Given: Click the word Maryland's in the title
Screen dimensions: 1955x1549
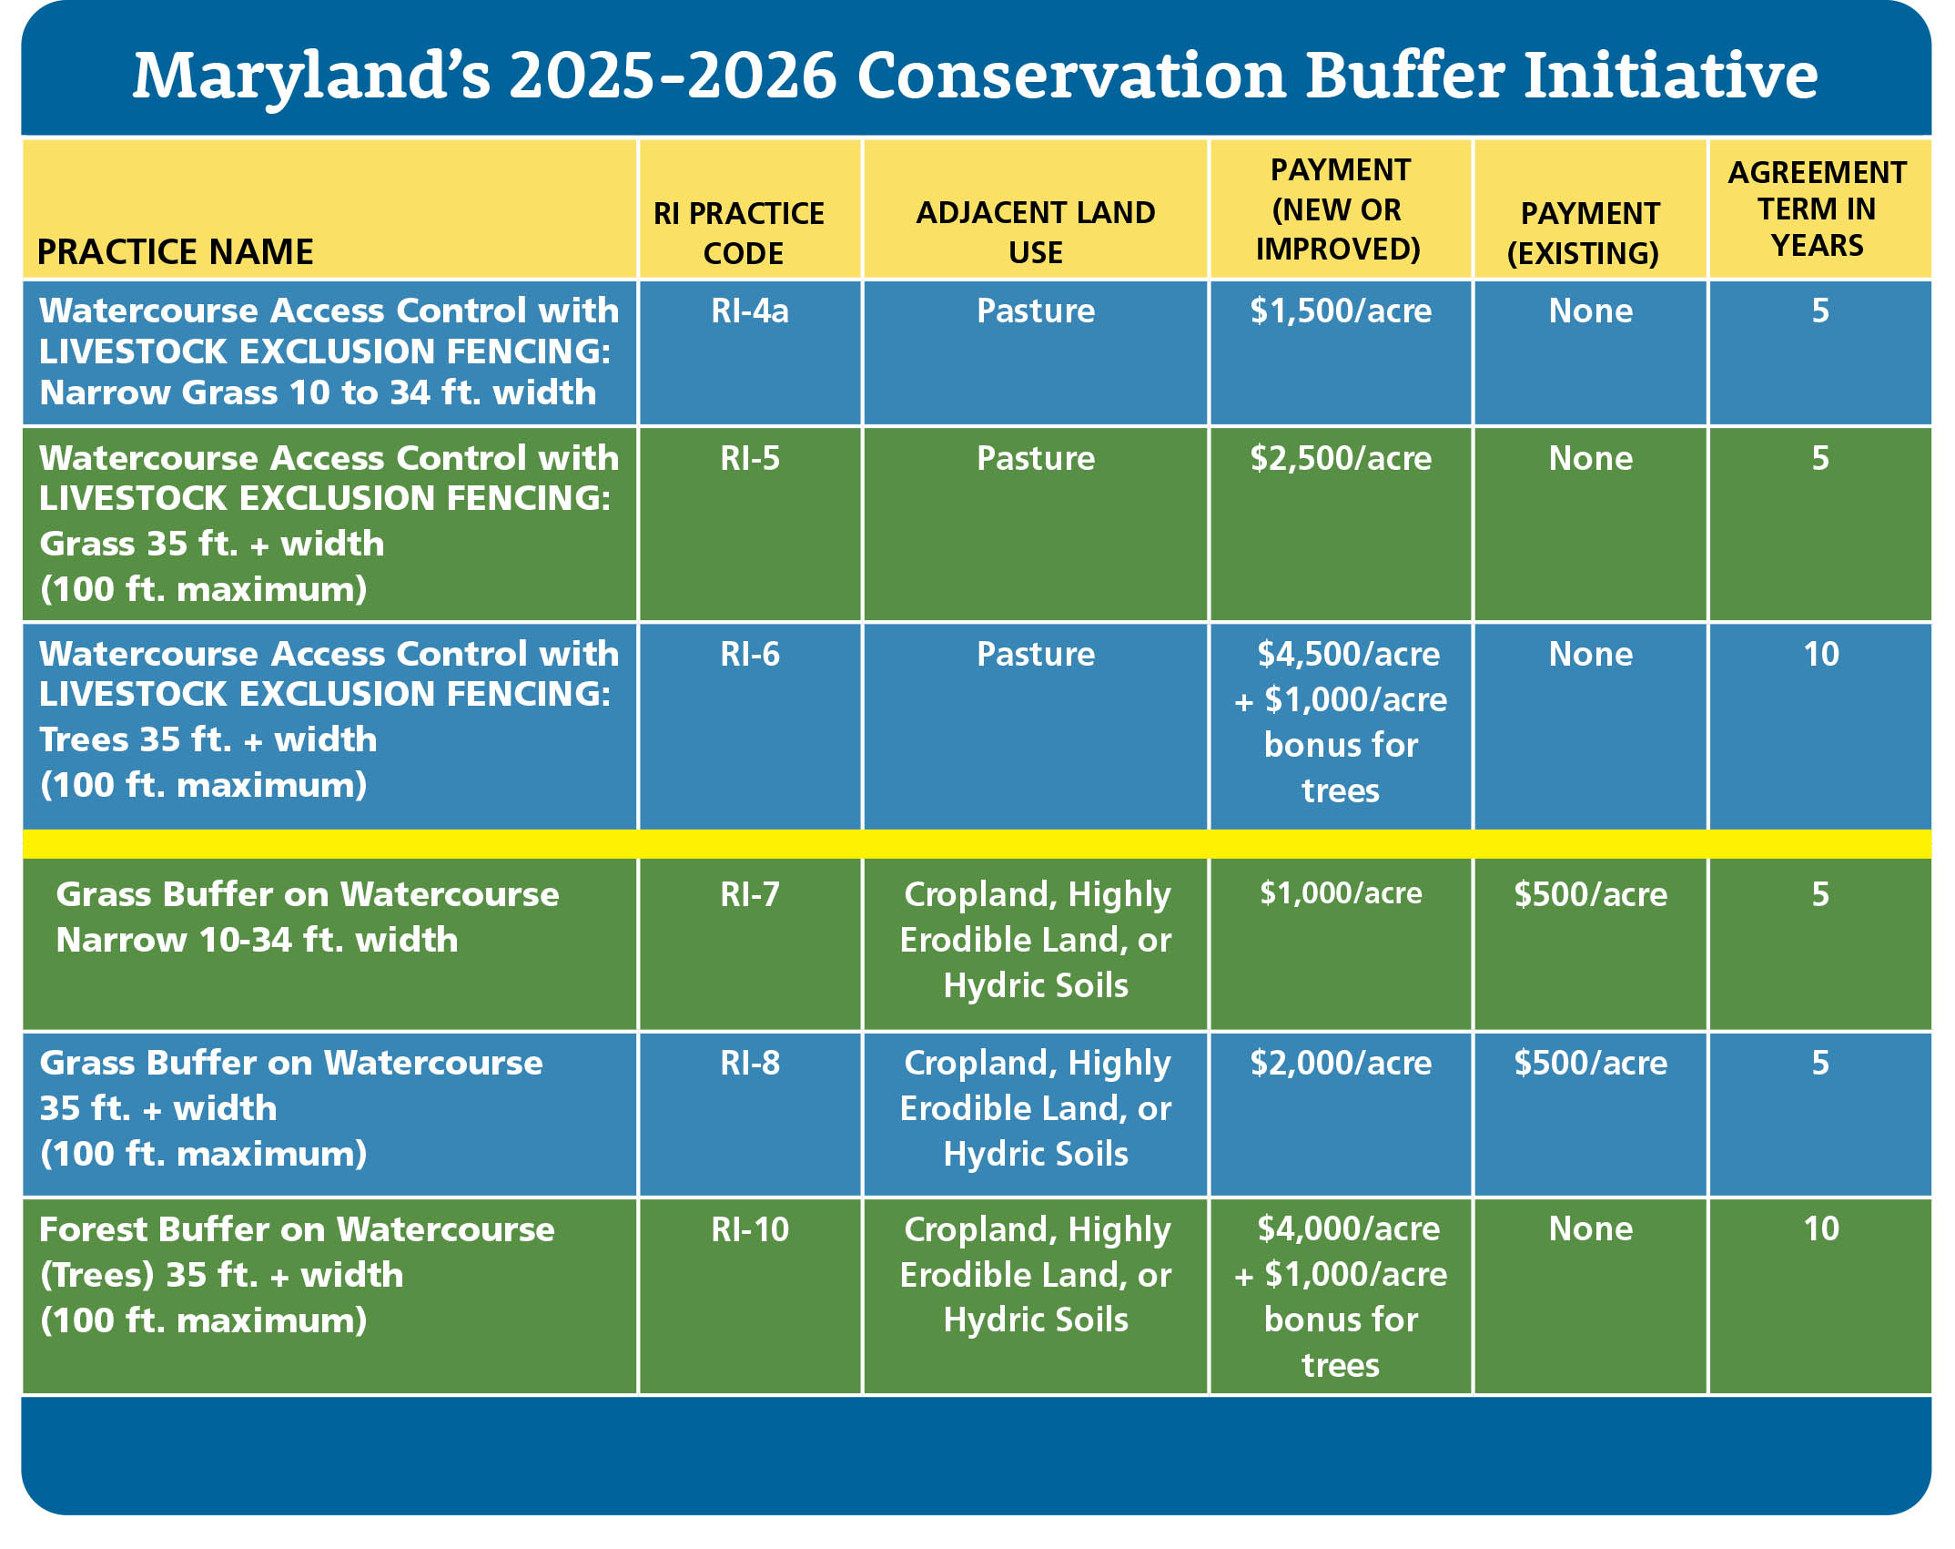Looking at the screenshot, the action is (x=311, y=76).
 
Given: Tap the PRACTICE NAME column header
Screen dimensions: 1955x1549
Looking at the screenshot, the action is (x=176, y=251).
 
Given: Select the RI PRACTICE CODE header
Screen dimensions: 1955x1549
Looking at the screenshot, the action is (x=739, y=233).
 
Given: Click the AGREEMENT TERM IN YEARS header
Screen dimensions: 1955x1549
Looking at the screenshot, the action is (x=1817, y=209).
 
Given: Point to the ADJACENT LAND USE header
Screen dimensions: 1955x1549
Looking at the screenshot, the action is (x=1036, y=232).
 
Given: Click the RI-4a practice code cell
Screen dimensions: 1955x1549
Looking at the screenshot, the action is (x=750, y=311).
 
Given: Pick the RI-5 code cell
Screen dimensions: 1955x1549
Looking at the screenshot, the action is (x=750, y=458).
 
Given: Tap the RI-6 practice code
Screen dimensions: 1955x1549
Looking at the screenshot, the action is (x=750, y=654).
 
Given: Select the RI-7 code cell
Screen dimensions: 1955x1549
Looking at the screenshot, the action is (x=750, y=894).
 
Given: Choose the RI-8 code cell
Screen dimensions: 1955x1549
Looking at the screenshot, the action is (x=750, y=1063).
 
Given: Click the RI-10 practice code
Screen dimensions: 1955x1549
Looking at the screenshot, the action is (x=750, y=1229).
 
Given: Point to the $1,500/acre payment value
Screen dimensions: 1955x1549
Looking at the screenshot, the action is (x=1341, y=311).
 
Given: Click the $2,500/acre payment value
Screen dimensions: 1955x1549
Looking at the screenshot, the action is (x=1341, y=458).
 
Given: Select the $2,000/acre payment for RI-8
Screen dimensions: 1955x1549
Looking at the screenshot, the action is (x=1341, y=1063).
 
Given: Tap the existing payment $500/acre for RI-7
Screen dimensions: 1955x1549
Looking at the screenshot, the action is (x=1591, y=894).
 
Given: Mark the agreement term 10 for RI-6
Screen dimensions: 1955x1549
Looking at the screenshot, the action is (x=1821, y=654).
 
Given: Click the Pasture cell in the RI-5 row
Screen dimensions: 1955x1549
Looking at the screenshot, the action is (x=1036, y=458).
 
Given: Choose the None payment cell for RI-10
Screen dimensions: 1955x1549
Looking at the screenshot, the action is (x=1591, y=1229).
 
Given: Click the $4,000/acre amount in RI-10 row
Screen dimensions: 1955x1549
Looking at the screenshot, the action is (x=1349, y=1229).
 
